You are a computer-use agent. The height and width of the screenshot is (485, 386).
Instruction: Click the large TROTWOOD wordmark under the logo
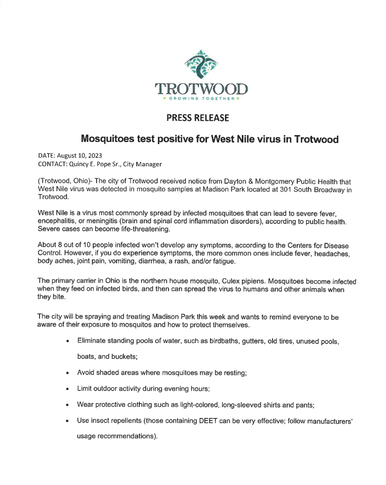(x=201, y=88)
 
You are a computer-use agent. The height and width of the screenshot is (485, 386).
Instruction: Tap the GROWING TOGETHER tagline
(x=201, y=99)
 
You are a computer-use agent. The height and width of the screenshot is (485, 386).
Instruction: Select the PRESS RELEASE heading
(x=197, y=118)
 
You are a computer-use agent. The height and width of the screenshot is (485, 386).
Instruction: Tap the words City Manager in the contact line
(x=143, y=164)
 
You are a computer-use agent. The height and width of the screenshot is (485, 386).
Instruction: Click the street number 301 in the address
(x=280, y=189)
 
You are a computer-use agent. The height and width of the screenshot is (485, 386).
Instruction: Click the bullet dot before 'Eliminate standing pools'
(x=68, y=342)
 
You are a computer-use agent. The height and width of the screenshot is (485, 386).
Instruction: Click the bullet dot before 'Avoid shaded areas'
(x=68, y=373)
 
